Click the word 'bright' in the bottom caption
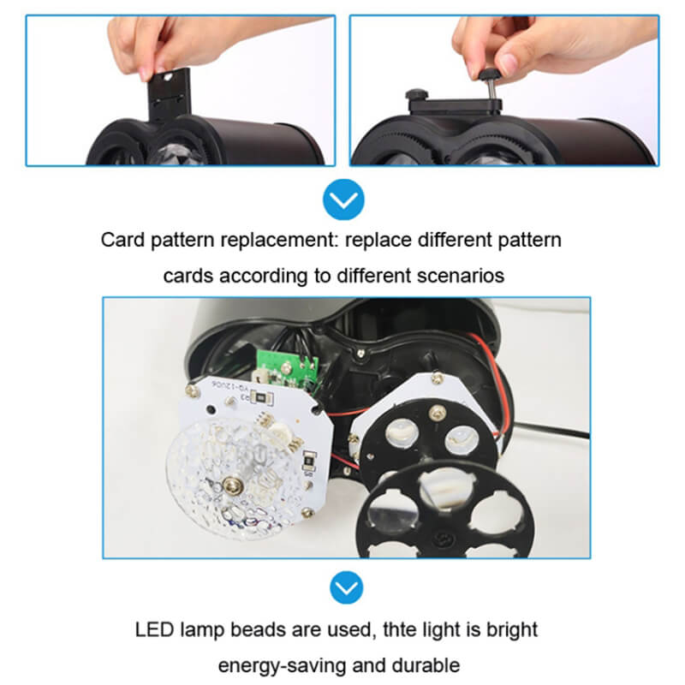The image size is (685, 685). pos(510,630)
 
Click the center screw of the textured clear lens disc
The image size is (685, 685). pos(232,488)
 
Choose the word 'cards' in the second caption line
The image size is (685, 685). pos(188,277)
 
